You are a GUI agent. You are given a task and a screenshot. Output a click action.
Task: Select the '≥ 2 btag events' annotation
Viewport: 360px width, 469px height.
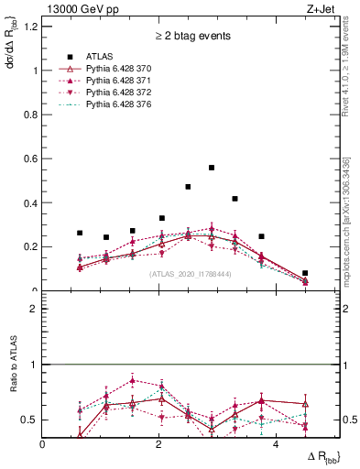[191, 37]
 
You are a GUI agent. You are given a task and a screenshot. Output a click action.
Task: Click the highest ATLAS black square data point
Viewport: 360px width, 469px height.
[212, 168]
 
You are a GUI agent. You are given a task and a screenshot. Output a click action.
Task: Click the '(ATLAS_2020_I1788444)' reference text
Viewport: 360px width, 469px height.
[191, 272]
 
